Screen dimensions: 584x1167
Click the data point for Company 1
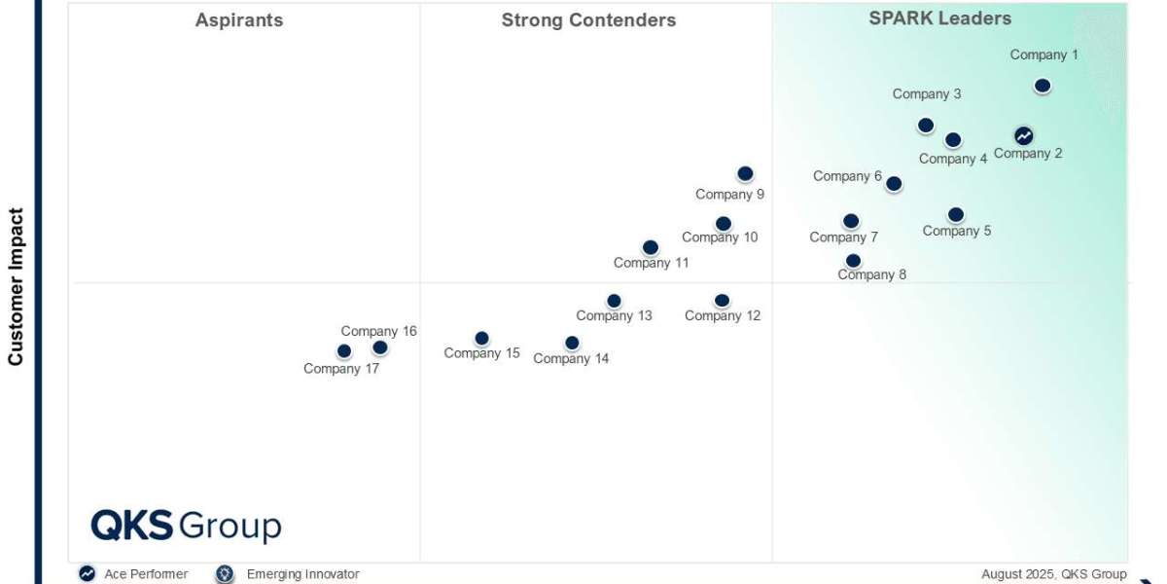click(x=1043, y=86)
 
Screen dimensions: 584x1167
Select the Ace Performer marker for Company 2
click(x=1024, y=135)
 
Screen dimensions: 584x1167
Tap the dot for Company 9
click(x=745, y=173)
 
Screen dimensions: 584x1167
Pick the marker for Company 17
click(x=344, y=351)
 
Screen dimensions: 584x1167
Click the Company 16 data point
click(x=380, y=347)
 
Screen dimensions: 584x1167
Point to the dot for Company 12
click(x=722, y=301)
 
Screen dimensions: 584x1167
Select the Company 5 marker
click(x=956, y=214)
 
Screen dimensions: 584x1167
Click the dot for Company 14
click(x=572, y=343)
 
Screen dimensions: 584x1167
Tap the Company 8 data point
click(x=853, y=260)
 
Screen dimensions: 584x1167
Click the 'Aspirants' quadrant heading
click(x=239, y=20)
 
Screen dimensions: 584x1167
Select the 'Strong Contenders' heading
click(x=588, y=20)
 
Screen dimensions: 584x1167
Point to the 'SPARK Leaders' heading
click(x=939, y=18)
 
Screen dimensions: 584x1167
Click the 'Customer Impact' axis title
click(x=16, y=286)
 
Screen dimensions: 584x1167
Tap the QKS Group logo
click(x=186, y=526)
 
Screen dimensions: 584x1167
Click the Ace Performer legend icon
click(x=88, y=574)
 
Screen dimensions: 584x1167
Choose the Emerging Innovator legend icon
click(x=226, y=574)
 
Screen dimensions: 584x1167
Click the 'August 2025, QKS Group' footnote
click(x=1053, y=574)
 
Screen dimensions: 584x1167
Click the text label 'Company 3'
click(x=927, y=94)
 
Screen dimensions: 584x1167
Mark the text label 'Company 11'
click(x=651, y=263)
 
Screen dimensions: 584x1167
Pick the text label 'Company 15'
click(x=481, y=353)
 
